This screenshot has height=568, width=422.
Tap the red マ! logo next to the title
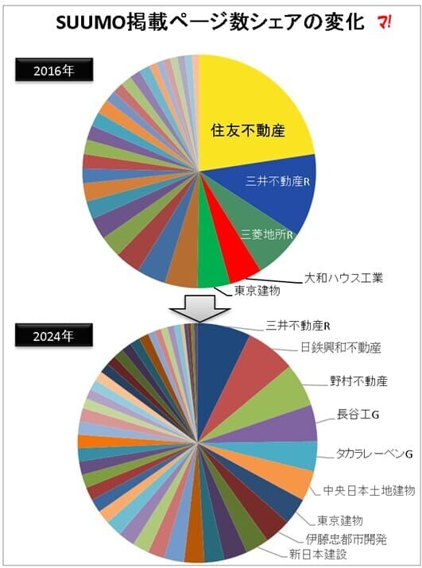(389, 24)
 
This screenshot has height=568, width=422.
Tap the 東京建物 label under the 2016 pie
(257, 291)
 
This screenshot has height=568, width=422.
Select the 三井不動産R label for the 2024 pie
(298, 326)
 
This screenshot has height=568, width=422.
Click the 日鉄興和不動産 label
(342, 348)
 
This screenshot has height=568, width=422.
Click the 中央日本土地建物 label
(368, 487)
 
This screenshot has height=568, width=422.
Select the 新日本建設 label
(317, 554)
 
